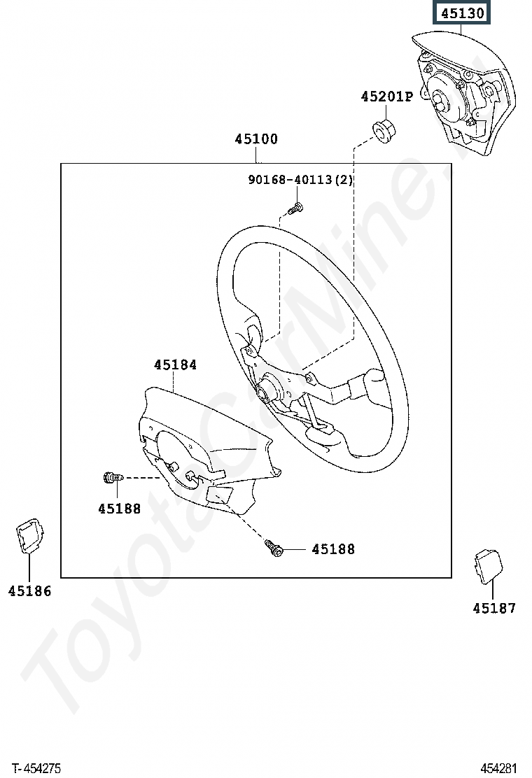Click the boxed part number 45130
(462, 13)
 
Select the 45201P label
(386, 97)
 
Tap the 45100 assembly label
(256, 139)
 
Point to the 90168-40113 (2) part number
(300, 179)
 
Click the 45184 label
(175, 365)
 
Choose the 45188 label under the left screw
(120, 509)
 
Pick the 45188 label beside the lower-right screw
(333, 549)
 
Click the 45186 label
(30, 591)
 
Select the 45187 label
(494, 608)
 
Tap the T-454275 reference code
(36, 768)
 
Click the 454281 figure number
(498, 768)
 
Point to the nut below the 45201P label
(384, 130)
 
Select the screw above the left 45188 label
(113, 478)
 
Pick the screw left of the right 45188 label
(274, 547)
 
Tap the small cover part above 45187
(488, 566)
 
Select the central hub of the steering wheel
(265, 388)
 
